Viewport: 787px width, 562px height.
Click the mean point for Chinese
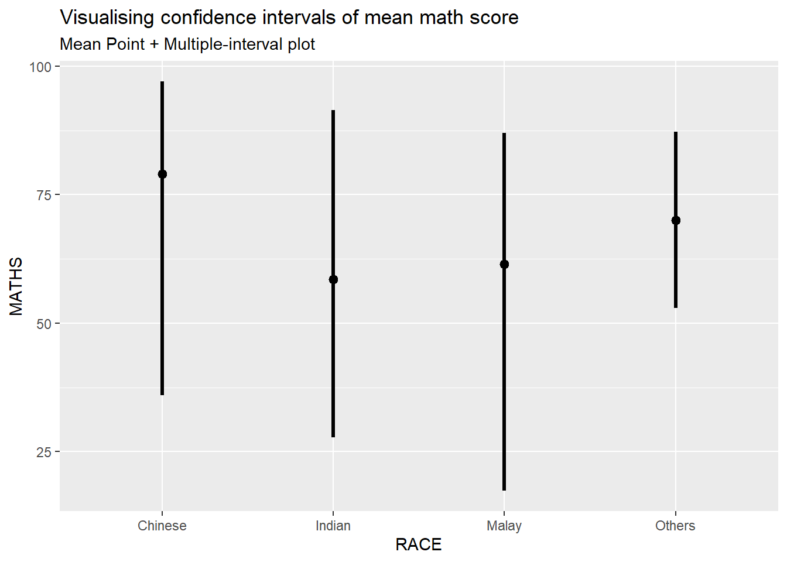[x=162, y=174]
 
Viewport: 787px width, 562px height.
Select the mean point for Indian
[x=333, y=279]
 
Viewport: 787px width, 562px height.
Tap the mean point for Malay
[x=504, y=264]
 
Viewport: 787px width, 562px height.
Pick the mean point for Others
[x=676, y=220]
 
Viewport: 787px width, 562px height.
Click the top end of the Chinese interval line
[x=162, y=82]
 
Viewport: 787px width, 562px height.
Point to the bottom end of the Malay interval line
[x=504, y=490]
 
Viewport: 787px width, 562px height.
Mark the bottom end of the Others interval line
[x=676, y=307]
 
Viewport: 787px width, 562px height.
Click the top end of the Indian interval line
[x=333, y=111]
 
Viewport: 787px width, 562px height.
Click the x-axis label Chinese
[x=162, y=526]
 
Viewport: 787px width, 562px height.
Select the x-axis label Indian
[x=333, y=526]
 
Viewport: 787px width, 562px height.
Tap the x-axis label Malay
[x=504, y=526]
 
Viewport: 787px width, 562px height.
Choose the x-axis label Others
[x=675, y=526]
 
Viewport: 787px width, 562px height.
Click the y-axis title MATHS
[x=16, y=286]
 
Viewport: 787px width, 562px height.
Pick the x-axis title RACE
[x=418, y=545]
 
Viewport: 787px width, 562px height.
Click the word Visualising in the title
[x=107, y=18]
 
